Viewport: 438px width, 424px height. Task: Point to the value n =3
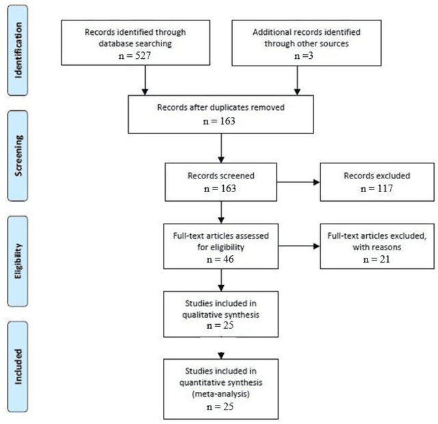pos(297,58)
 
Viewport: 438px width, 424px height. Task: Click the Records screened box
pos(220,183)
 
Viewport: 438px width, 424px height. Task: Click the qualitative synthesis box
pos(220,312)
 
